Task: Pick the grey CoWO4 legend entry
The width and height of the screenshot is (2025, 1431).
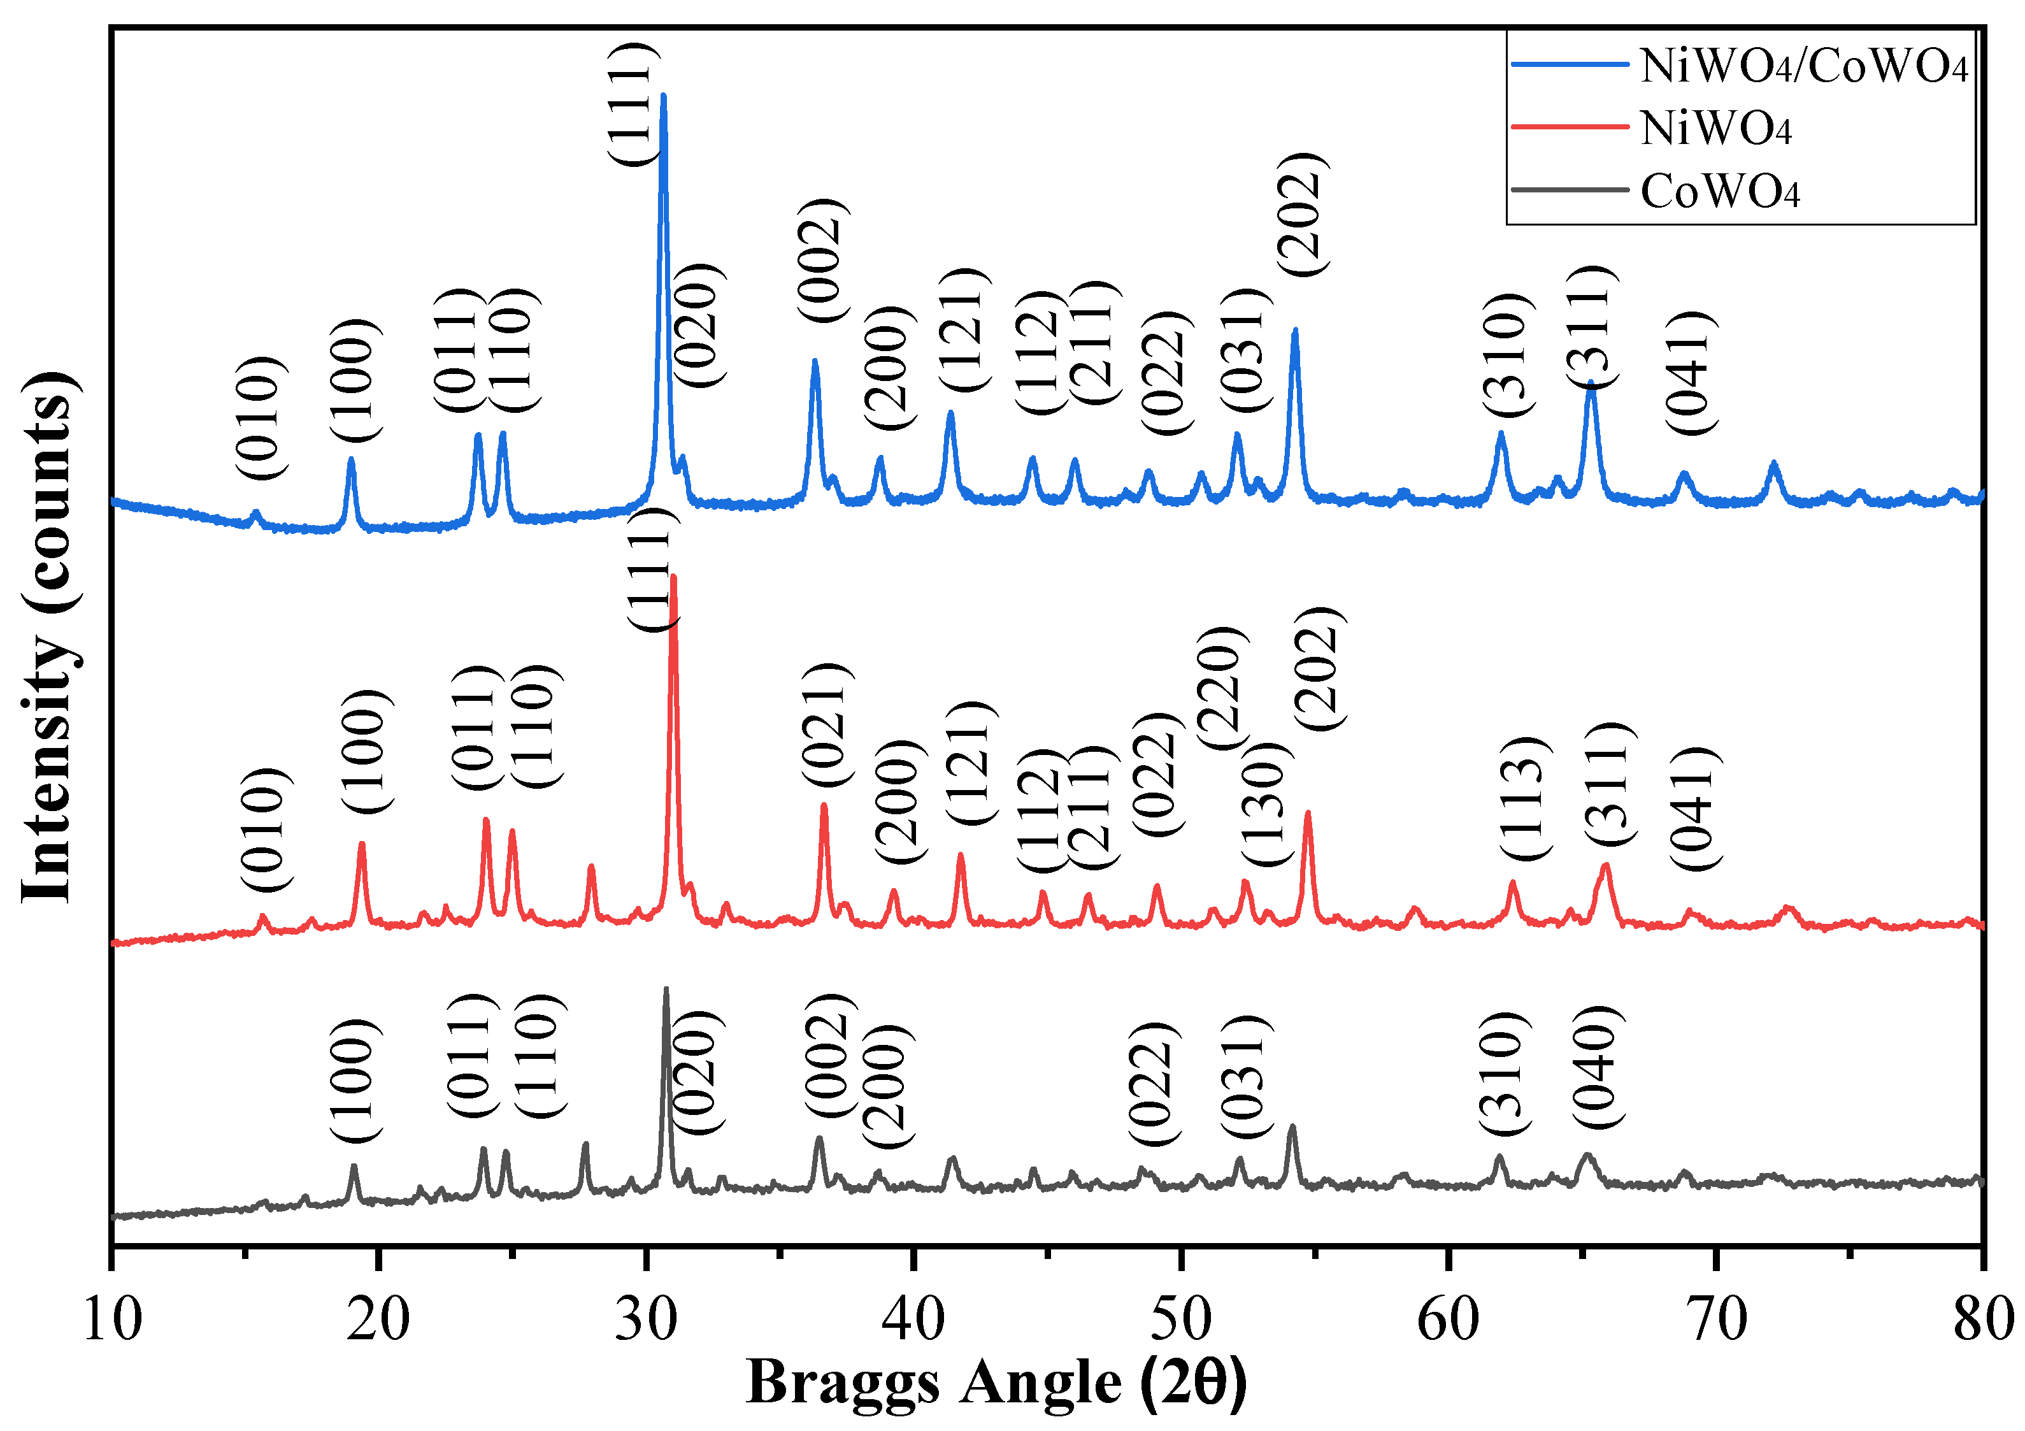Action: point(1719,191)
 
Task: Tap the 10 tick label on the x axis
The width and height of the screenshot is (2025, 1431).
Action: point(112,1321)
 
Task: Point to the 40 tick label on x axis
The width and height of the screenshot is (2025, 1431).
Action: point(915,1321)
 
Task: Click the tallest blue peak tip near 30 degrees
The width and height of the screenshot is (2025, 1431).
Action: point(663,96)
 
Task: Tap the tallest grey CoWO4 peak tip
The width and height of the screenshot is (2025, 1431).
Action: point(666,989)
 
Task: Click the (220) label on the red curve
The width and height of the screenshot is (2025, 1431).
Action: point(1222,688)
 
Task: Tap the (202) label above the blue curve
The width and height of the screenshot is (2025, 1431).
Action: point(1303,213)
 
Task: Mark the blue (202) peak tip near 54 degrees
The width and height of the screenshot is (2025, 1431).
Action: point(1295,330)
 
